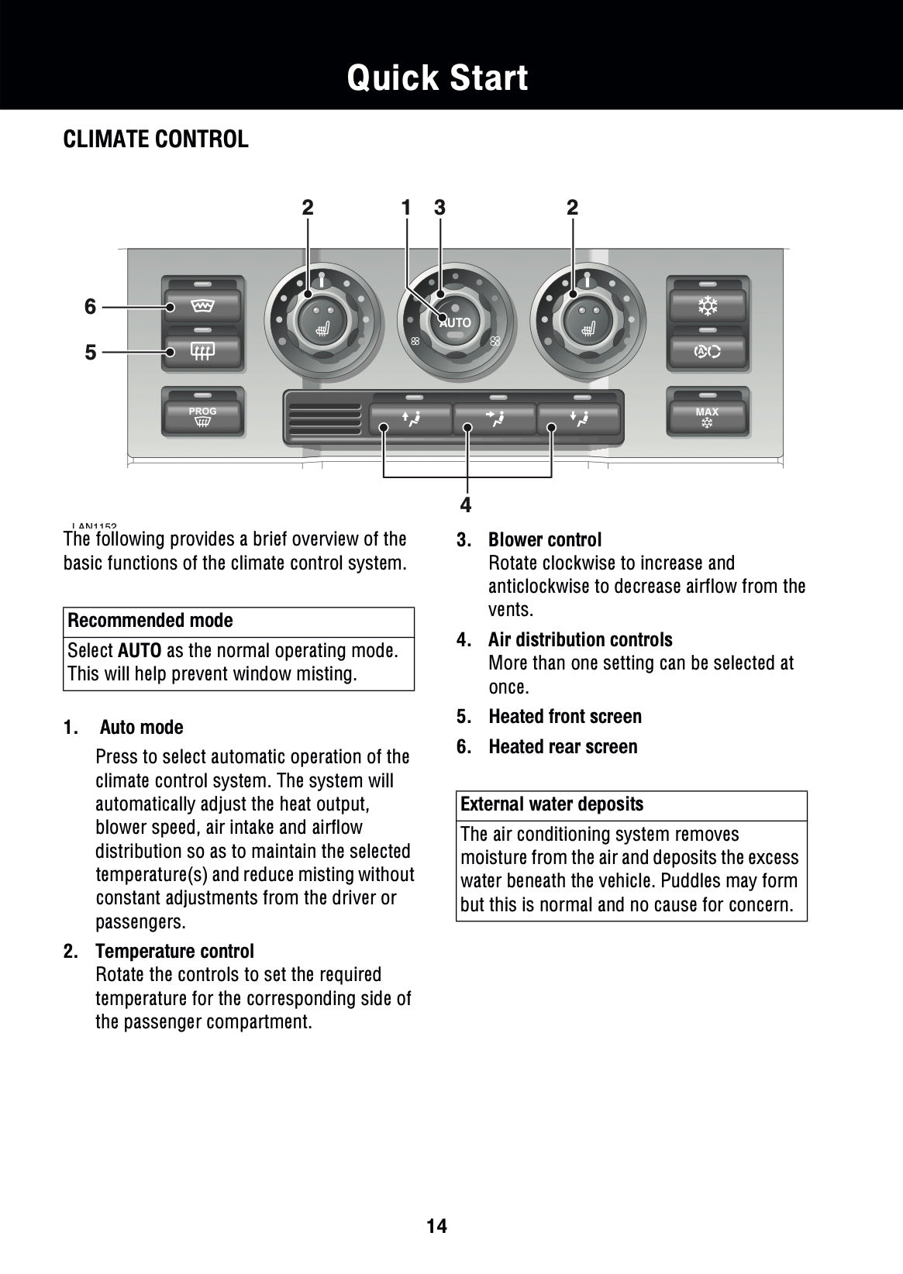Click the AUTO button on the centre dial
click(x=455, y=322)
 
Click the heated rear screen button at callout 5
click(x=203, y=353)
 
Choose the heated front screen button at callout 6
click(x=203, y=307)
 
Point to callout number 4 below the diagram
click(x=465, y=505)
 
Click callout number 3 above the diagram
click(x=440, y=208)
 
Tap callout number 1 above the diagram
click(x=405, y=208)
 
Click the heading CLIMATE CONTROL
click(x=156, y=140)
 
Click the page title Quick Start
click(x=437, y=78)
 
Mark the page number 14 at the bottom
click(x=437, y=1226)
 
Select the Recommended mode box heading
click(x=150, y=621)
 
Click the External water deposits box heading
click(x=552, y=804)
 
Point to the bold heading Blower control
click(x=545, y=540)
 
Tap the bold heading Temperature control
click(x=174, y=951)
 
